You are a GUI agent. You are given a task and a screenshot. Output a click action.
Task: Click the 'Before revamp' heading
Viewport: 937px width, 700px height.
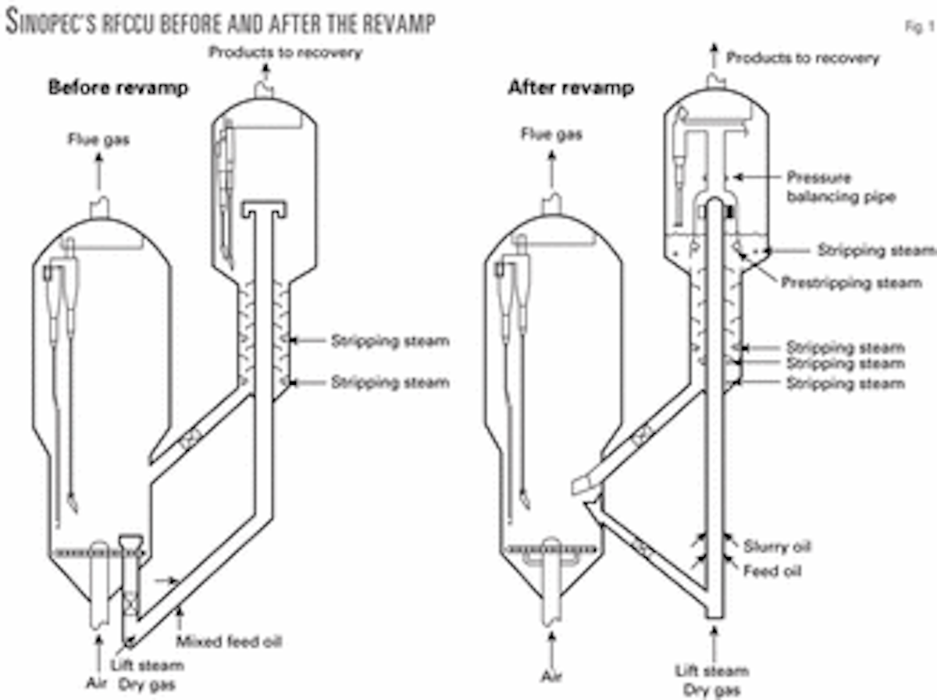pyautogui.click(x=118, y=87)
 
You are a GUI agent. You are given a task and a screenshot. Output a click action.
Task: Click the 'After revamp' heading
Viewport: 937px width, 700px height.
pyautogui.click(x=570, y=87)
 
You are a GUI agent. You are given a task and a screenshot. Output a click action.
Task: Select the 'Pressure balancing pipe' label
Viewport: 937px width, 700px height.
pyautogui.click(x=840, y=187)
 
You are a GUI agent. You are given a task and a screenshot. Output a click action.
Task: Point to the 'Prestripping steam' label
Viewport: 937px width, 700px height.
pyautogui.click(x=851, y=282)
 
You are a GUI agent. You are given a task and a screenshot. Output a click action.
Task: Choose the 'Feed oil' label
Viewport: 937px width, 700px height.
pyautogui.click(x=771, y=571)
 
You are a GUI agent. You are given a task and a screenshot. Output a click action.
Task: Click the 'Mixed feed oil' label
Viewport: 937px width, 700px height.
pyautogui.click(x=228, y=642)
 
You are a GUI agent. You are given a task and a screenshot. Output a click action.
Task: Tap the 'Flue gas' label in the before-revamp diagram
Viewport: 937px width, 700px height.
pyautogui.click(x=98, y=140)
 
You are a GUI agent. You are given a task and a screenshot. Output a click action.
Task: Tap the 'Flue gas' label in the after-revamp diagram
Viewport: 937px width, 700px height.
pyautogui.click(x=551, y=134)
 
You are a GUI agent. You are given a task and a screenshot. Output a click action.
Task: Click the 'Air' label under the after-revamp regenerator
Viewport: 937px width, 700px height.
pyautogui.click(x=551, y=675)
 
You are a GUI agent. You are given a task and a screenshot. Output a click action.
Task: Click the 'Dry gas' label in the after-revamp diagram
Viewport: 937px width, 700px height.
pyautogui.click(x=712, y=690)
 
